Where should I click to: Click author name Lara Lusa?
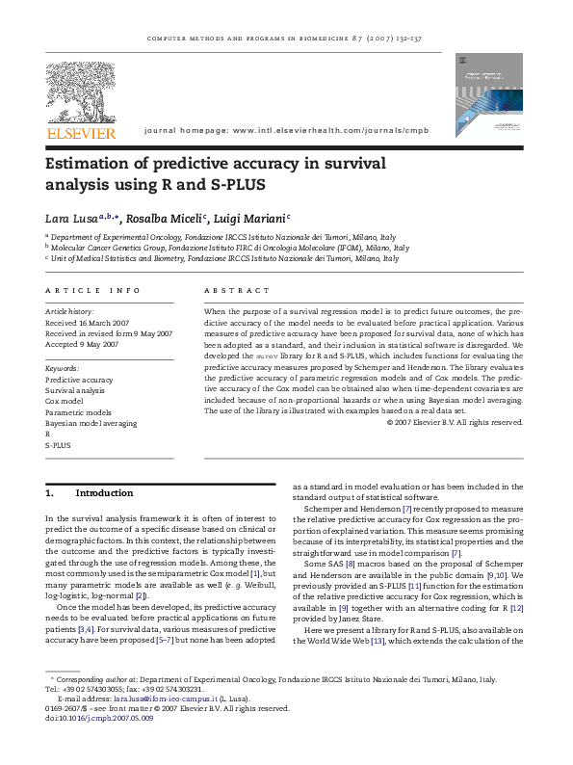71,218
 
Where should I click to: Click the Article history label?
71,313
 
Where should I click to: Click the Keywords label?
63,369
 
